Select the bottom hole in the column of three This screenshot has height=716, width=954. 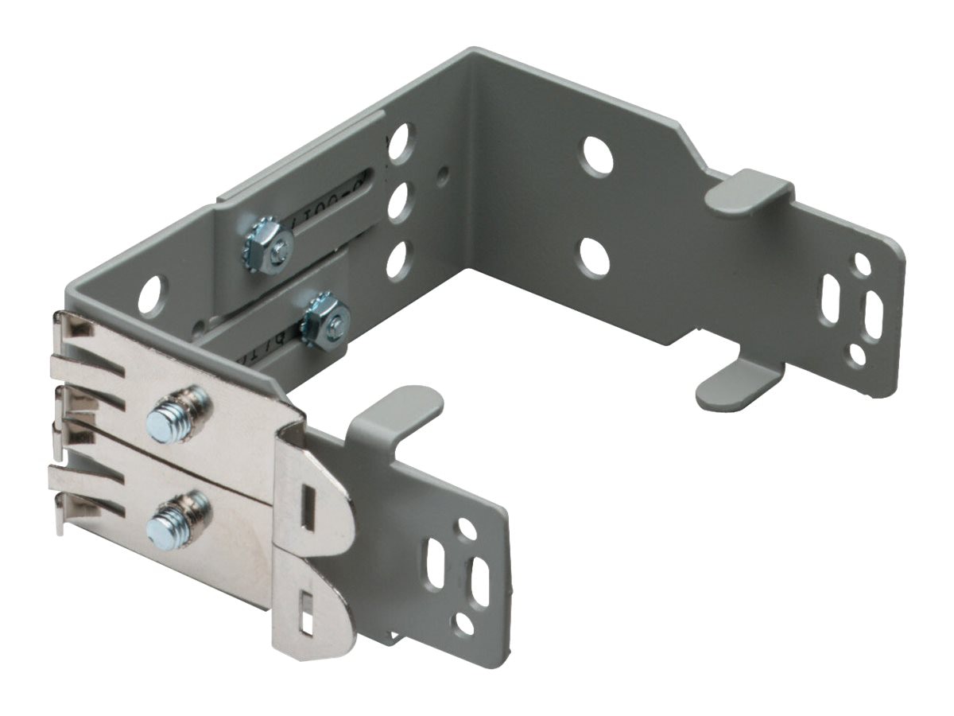click(397, 259)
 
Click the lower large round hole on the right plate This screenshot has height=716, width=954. click(595, 256)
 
